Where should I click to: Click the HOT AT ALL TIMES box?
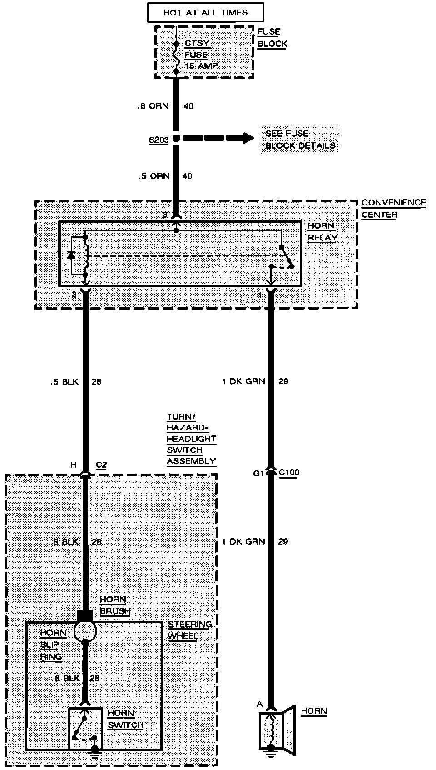click(x=205, y=13)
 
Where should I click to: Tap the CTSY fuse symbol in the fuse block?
click(x=176, y=57)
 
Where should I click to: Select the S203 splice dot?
click(x=176, y=138)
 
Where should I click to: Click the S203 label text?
click(x=159, y=140)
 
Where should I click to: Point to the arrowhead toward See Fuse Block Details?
click(x=248, y=138)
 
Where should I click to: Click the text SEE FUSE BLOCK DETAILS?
click(x=300, y=140)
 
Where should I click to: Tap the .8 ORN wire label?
click(x=153, y=106)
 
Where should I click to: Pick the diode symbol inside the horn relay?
click(x=71, y=255)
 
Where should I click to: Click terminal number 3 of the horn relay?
click(x=165, y=214)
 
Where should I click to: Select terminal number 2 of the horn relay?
click(x=74, y=295)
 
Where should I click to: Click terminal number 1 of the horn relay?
click(x=260, y=295)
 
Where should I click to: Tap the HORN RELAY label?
click(x=322, y=232)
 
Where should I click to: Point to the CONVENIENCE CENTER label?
click(x=393, y=209)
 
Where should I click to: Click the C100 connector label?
click(x=289, y=473)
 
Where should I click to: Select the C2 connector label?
click(x=101, y=465)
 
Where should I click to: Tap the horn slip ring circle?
click(x=85, y=630)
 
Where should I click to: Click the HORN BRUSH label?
click(x=115, y=605)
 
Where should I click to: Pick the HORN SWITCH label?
click(x=125, y=719)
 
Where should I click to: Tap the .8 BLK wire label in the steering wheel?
click(x=67, y=679)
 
